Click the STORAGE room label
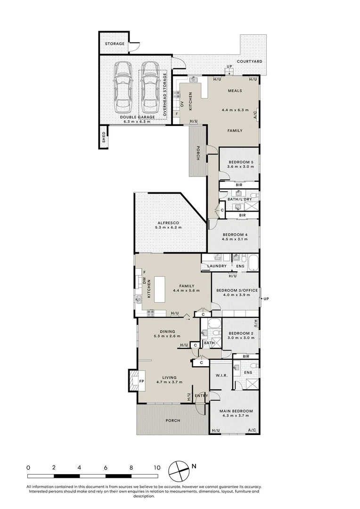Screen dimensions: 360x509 (x=115, y=43)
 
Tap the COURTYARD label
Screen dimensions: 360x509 (x=249, y=61)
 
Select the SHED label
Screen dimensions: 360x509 (x=104, y=137)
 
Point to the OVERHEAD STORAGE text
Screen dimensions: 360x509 (x=165, y=94)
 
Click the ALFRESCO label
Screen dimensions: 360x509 (x=168, y=223)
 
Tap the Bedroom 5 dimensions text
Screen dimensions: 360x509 (x=241, y=166)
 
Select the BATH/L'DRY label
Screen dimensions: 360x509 (x=239, y=199)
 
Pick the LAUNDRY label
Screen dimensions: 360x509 (x=217, y=266)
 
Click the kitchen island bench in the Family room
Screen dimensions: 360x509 (x=159, y=289)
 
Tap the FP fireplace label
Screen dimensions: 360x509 (x=141, y=381)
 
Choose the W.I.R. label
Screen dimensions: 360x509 (x=221, y=376)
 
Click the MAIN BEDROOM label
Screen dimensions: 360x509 (x=236, y=411)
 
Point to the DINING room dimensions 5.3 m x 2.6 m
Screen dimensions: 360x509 (x=167, y=336)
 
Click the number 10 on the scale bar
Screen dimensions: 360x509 (x=157, y=468)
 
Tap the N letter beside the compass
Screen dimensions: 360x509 (x=194, y=467)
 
